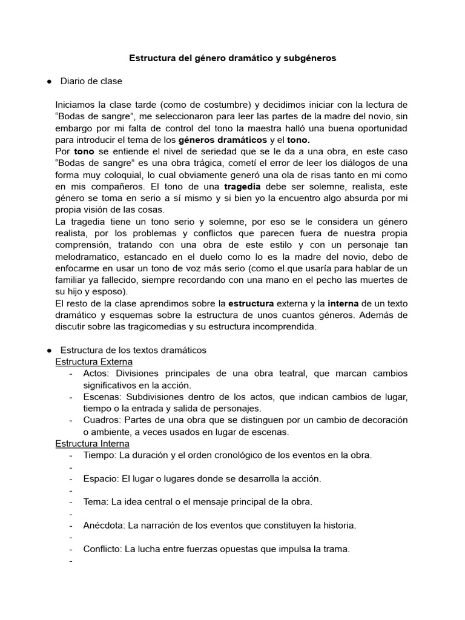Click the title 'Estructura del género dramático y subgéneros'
click(232, 59)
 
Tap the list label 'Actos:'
click(97, 373)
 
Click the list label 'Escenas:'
click(102, 397)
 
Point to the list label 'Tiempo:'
click(101, 455)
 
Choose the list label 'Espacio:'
click(101, 478)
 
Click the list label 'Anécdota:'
click(105, 526)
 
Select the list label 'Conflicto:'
click(104, 549)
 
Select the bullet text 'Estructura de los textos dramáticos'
click(133, 350)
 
